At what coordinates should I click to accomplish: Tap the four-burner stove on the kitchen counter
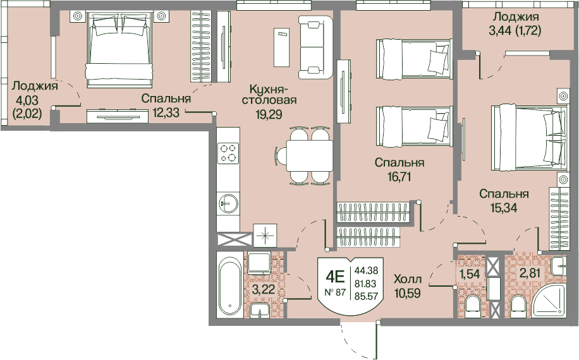pyautogui.click(x=228, y=153)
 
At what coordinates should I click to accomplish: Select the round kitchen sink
pyautogui.click(x=228, y=203)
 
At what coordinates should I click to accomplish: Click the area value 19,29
pyautogui.click(x=269, y=114)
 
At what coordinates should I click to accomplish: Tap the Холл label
pyautogui.click(x=408, y=279)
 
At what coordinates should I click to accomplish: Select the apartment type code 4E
pyautogui.click(x=335, y=276)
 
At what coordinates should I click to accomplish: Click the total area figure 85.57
pyautogui.click(x=367, y=296)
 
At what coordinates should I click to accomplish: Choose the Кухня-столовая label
pyautogui.click(x=269, y=95)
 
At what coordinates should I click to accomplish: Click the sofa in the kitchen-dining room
pyautogui.click(x=315, y=47)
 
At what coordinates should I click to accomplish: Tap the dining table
pyautogui.click(x=310, y=155)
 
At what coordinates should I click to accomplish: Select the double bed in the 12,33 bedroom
pyautogui.click(x=119, y=49)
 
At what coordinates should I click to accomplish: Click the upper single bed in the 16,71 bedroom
pyautogui.click(x=414, y=59)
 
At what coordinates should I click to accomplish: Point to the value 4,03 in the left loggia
pyautogui.click(x=27, y=100)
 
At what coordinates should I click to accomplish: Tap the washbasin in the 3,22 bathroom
pyautogui.click(x=260, y=311)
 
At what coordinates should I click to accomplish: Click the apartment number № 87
pyautogui.click(x=335, y=292)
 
